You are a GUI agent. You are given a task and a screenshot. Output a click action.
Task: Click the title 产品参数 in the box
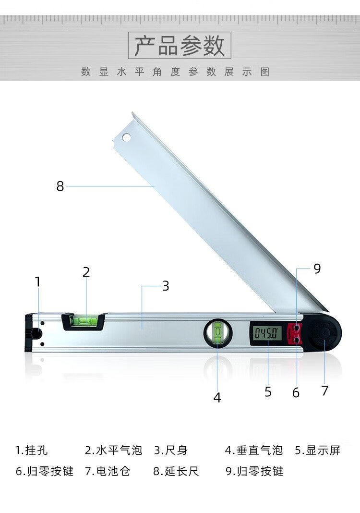click(x=180, y=46)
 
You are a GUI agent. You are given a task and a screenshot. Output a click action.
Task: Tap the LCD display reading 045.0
click(x=266, y=333)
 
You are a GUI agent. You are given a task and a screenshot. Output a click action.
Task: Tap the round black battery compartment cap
click(x=325, y=333)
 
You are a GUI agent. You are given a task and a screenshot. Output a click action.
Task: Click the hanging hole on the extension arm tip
click(x=126, y=137)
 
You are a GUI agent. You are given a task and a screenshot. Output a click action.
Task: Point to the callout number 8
click(x=60, y=186)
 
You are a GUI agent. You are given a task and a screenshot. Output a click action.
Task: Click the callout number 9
click(x=317, y=269)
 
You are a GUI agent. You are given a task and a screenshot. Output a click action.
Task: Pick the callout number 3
click(x=166, y=286)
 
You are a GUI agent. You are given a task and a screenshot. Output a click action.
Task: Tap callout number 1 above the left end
click(x=37, y=281)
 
